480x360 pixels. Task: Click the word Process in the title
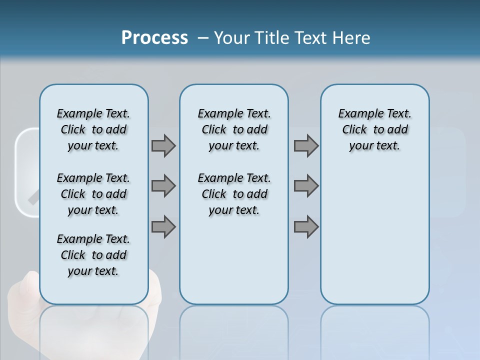(154, 38)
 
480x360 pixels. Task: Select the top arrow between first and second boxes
(163, 146)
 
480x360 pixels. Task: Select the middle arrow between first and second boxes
(163, 186)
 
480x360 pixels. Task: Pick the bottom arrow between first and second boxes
(163, 227)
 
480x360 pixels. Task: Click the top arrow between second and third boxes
(306, 146)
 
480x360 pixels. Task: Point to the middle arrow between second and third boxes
(306, 186)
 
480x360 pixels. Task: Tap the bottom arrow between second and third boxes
(306, 227)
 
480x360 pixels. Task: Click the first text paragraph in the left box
(93, 129)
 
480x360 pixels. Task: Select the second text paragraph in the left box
(93, 194)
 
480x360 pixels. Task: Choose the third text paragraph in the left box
(93, 255)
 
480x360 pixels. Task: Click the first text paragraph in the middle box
(234, 129)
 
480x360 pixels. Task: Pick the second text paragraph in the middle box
(234, 194)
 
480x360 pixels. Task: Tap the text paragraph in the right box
(374, 129)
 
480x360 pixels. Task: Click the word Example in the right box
(356, 114)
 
